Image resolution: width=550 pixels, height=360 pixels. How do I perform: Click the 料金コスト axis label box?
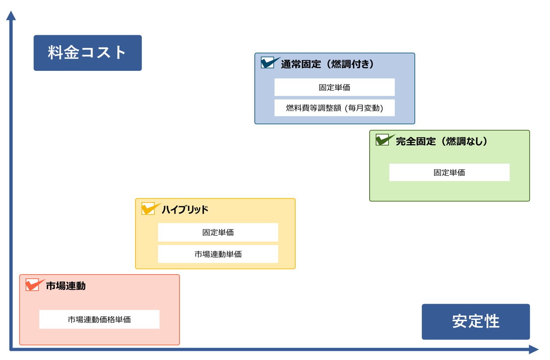point(87,53)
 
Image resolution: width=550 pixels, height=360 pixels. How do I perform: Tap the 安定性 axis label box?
point(476,322)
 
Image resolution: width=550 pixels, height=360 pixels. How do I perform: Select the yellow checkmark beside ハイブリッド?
point(150,209)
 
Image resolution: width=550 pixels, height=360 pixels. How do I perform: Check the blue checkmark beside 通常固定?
point(269,63)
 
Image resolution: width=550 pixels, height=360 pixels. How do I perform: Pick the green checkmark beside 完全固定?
point(384,140)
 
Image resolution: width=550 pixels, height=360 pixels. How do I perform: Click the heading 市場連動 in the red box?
point(66,286)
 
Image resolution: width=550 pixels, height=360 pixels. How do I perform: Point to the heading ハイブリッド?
point(185,210)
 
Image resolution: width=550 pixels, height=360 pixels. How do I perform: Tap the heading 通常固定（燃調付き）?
point(327,64)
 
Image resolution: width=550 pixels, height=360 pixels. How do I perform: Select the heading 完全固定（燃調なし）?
point(442,141)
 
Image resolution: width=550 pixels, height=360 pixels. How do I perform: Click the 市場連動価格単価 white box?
point(99,320)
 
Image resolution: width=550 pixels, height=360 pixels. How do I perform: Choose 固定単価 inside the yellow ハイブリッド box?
point(218,233)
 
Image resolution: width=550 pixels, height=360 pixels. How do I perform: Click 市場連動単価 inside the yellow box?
point(218,254)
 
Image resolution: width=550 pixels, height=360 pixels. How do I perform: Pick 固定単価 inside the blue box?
point(334,87)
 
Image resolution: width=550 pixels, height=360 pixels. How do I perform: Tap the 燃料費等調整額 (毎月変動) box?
point(334,108)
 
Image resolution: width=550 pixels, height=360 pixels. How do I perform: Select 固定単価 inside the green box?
point(449,172)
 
